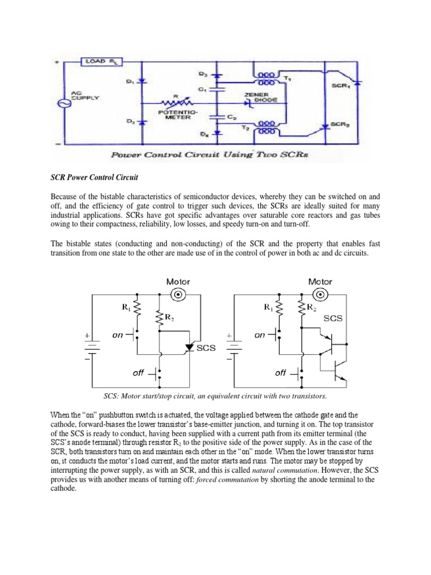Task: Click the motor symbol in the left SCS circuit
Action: [178, 295]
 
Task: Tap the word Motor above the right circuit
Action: [320, 282]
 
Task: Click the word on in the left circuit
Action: [117, 335]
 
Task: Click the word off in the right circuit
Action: [281, 372]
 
